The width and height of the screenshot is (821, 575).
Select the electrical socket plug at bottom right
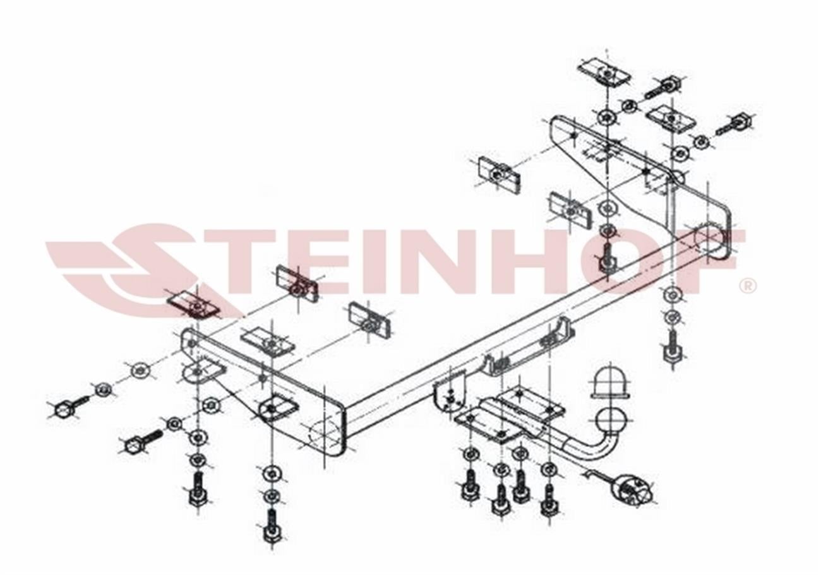633,491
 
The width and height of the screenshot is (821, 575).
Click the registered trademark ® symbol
748,286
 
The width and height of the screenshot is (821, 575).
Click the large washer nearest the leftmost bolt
141,372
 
